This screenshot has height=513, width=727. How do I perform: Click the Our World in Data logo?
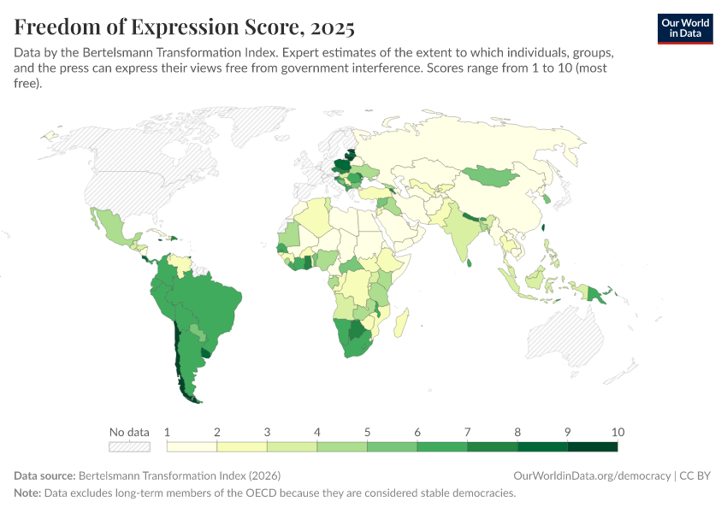(x=685, y=28)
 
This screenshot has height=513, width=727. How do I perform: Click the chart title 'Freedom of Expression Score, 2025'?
(x=184, y=27)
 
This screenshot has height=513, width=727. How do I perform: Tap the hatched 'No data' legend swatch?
(x=129, y=446)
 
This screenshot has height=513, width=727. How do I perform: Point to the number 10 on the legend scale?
(x=618, y=432)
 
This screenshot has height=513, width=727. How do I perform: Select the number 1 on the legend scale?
(x=168, y=432)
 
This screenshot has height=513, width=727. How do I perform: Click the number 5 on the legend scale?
(x=368, y=432)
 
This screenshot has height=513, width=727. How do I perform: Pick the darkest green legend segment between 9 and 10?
(x=592, y=446)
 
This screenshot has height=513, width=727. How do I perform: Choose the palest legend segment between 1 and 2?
(x=192, y=446)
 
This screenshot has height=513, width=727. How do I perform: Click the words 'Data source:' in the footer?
(x=44, y=475)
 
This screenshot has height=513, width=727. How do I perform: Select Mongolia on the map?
(x=492, y=176)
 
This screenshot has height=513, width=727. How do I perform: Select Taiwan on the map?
(x=545, y=227)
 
